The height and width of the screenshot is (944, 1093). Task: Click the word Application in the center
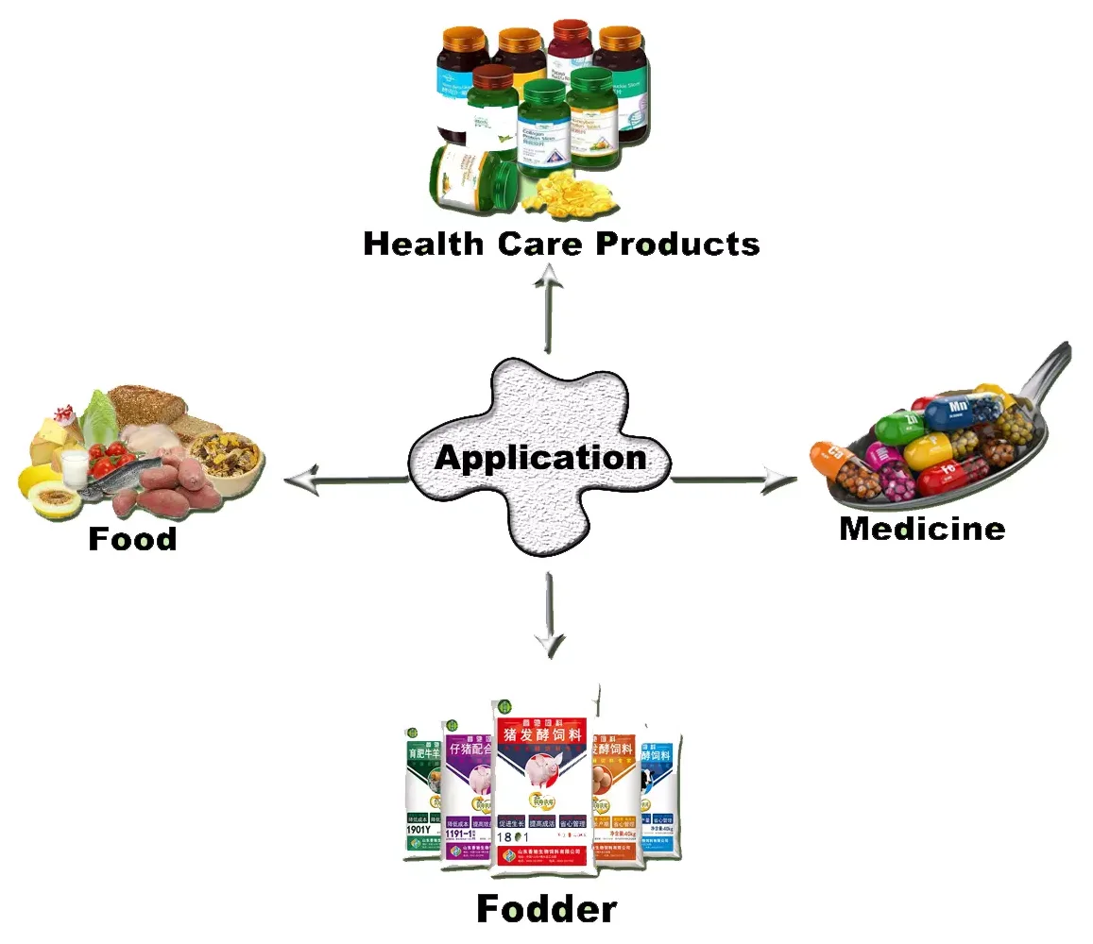coord(540,458)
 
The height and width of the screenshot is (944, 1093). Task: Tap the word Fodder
coord(546,908)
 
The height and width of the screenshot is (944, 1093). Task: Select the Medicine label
coord(922,528)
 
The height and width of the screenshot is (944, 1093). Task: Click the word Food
coord(132,539)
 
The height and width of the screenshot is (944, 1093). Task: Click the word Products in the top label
coord(677,244)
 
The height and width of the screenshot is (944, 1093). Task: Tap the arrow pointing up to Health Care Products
coord(549,307)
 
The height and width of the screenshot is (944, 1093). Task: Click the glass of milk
coord(75,464)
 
